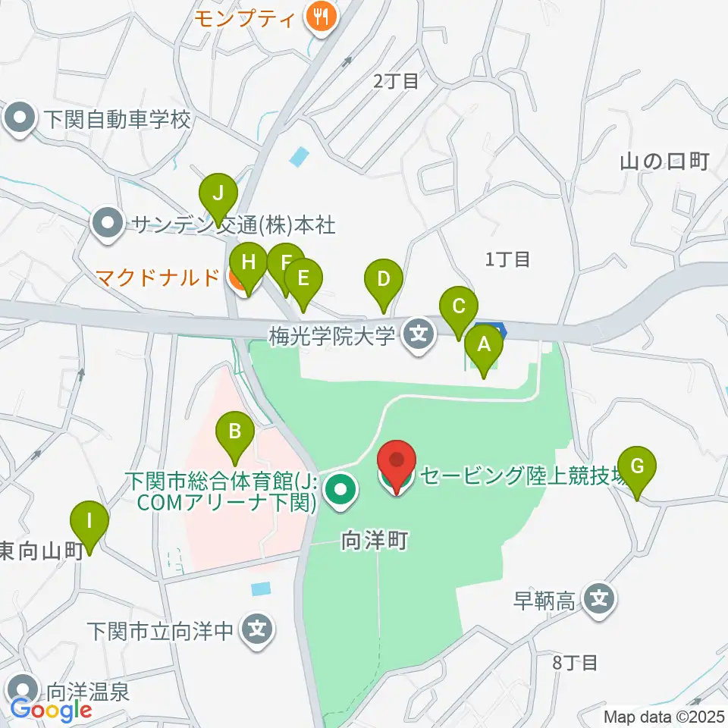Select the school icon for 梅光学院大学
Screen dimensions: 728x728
[416, 333]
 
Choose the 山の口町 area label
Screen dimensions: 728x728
[664, 162]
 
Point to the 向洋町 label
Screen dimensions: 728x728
[375, 541]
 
